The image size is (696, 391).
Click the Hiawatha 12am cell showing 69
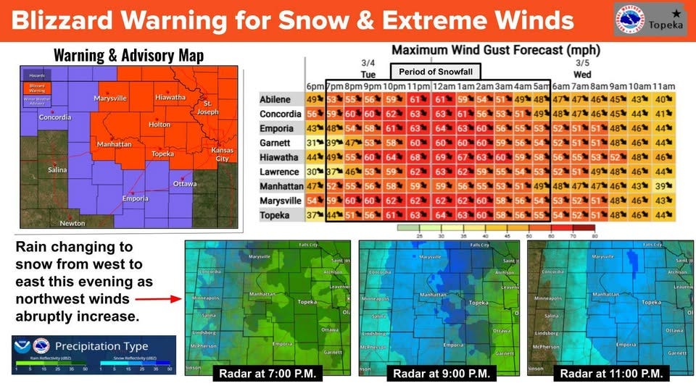pos(441,157)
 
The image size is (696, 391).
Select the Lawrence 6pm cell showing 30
pos(314,172)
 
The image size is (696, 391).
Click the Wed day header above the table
pos(581,75)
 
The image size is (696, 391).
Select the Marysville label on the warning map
pos(110,98)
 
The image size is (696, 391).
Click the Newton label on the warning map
pos(72,223)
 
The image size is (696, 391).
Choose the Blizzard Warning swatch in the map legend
pos(37,87)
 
